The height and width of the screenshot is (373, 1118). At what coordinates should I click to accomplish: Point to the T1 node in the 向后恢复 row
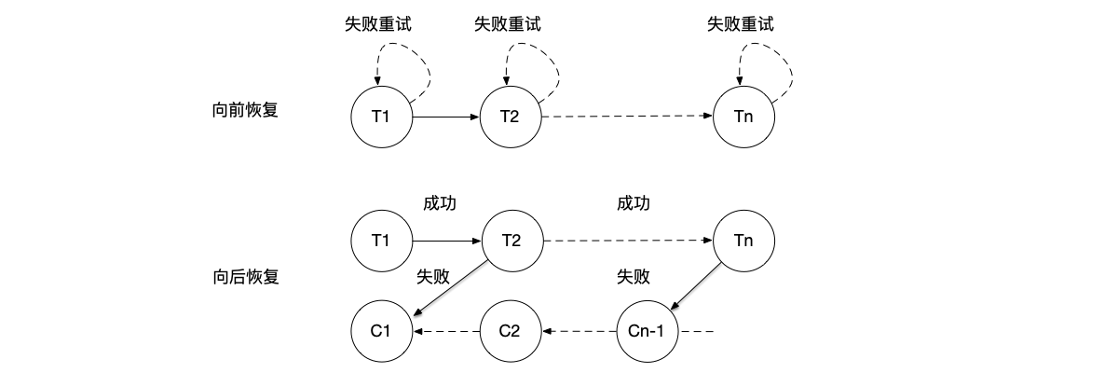[380, 241]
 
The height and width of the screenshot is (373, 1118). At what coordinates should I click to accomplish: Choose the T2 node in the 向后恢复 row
[511, 241]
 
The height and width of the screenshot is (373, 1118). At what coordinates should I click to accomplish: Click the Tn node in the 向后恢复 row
[743, 241]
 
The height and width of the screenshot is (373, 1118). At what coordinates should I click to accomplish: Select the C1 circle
[380, 331]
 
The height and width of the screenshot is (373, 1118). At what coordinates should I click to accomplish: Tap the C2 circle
[511, 331]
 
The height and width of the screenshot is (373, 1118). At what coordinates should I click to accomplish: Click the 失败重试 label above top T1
[376, 25]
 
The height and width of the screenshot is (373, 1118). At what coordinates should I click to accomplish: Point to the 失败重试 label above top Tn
[740, 25]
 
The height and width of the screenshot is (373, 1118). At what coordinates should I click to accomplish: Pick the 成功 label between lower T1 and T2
[440, 203]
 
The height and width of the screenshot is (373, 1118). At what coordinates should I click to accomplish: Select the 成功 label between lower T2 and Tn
[633, 203]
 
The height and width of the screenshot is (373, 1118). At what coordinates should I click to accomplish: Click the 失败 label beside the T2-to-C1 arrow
[433, 277]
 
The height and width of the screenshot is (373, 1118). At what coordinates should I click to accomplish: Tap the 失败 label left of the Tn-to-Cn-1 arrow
[633, 277]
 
